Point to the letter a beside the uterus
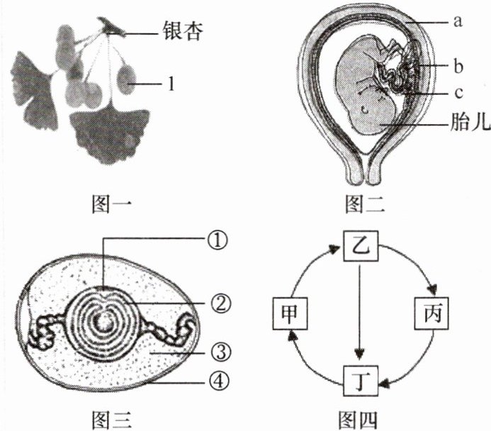pos(458,21)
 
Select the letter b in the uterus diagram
pos(458,68)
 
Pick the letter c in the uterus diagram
pos(458,93)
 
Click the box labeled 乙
pos(361,249)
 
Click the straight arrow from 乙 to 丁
pos(361,312)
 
